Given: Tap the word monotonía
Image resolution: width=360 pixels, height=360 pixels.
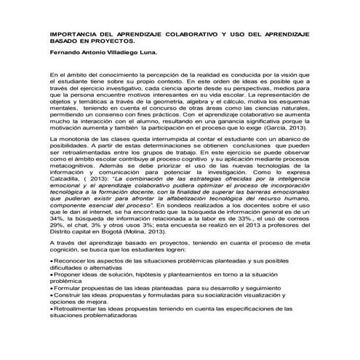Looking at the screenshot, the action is [x=84, y=139].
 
